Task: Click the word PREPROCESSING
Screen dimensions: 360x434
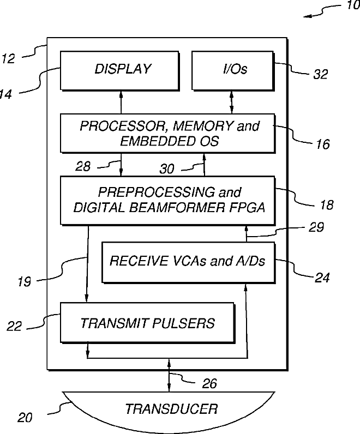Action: (157, 192)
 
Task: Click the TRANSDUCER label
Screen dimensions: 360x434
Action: (171, 409)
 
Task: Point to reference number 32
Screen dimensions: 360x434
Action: (320, 74)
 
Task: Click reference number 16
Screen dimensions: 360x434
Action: (323, 144)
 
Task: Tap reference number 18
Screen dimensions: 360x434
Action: (327, 205)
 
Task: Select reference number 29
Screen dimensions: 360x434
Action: (316, 227)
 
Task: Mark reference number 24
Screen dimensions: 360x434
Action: (322, 278)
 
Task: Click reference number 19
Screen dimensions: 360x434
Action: (25, 282)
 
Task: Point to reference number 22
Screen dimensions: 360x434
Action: (14, 326)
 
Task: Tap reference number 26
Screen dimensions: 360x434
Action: (209, 384)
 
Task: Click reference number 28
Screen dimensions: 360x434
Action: (83, 166)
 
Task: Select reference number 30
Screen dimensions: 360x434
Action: (167, 169)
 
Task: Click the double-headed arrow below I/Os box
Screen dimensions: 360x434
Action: (232, 102)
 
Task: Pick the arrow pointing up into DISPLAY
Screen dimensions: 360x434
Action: (121, 102)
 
